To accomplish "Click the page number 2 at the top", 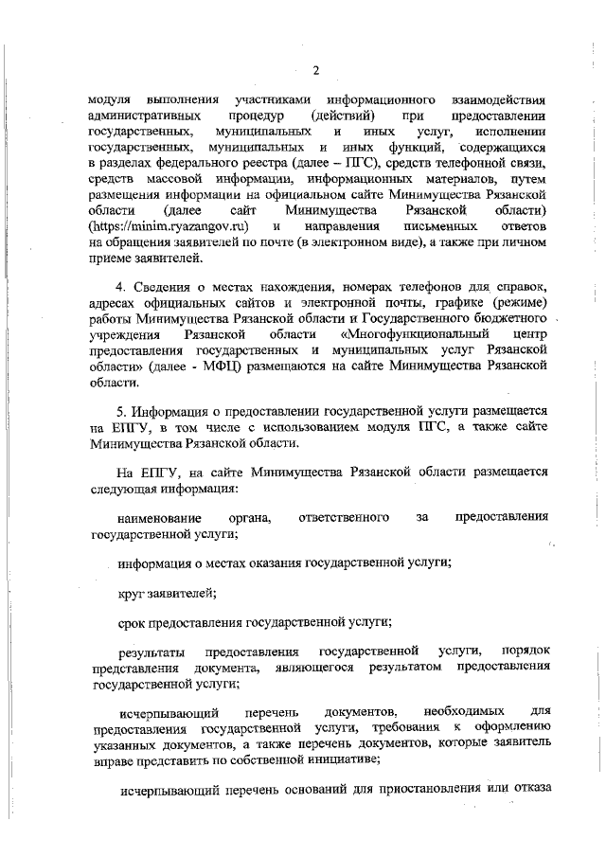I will tap(316, 70).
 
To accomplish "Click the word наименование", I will tap(159, 516).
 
